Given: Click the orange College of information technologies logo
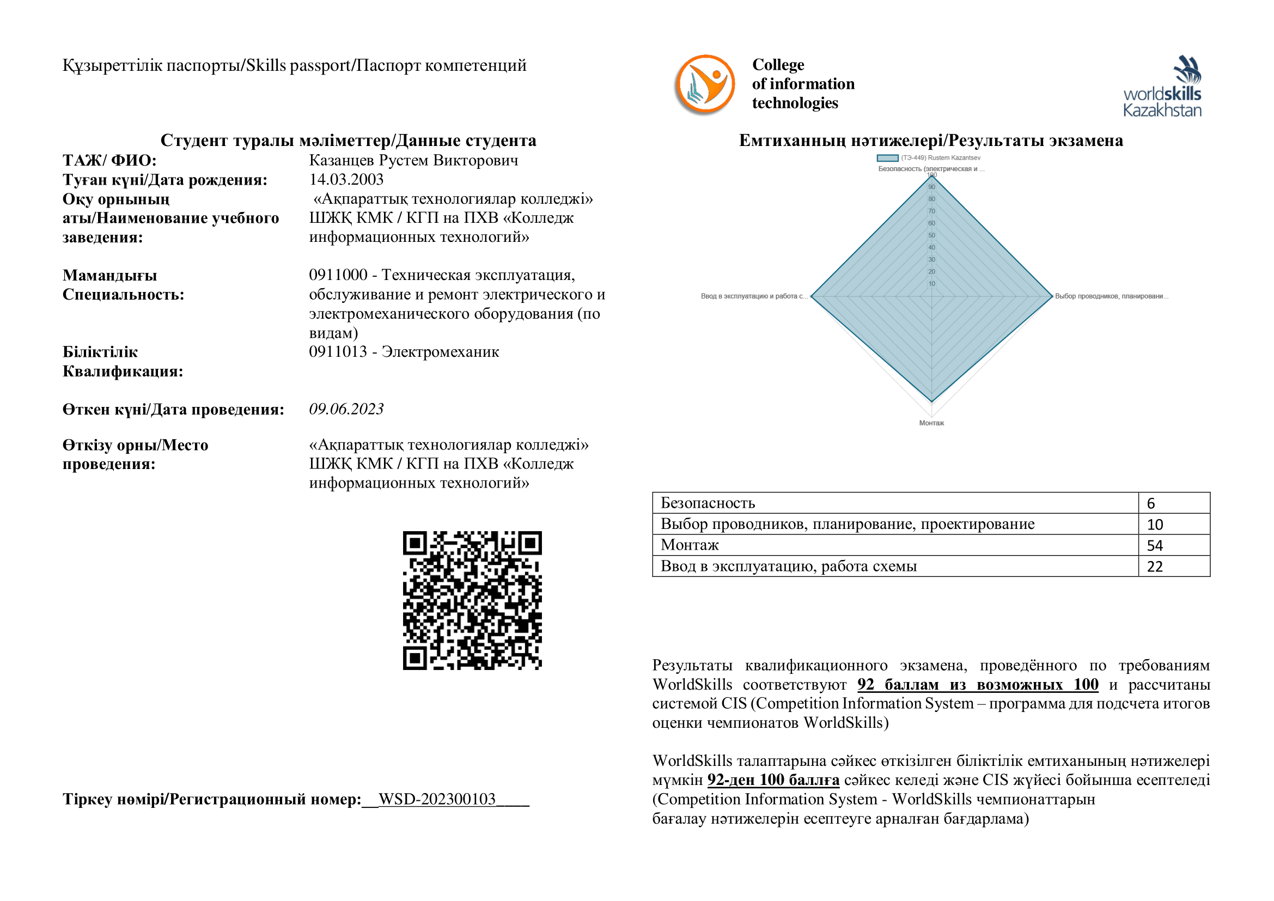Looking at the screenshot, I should (x=705, y=84).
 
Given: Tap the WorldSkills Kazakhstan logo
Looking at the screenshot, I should (x=1162, y=87).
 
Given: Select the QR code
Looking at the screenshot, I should (x=472, y=600).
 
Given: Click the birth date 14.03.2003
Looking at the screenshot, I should (x=346, y=180).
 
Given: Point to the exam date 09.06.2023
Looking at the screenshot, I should (x=346, y=410).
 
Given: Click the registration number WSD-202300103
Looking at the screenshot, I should (x=437, y=799).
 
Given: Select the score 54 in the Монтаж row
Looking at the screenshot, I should (x=1155, y=545).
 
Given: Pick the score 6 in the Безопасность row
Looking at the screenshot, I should (x=1151, y=503).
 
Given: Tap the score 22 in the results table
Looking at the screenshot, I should (x=1155, y=567).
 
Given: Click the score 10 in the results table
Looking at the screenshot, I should (x=1155, y=524).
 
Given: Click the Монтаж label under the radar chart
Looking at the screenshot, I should (x=931, y=423).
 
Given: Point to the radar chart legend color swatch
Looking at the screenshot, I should (x=888, y=158).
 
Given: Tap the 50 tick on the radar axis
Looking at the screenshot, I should (x=931, y=235).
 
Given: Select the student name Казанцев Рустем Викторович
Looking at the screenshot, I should (x=413, y=160).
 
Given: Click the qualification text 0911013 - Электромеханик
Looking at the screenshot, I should (x=404, y=352).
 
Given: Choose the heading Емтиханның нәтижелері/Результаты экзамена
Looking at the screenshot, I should (x=931, y=141).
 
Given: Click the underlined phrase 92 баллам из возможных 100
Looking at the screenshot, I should (x=978, y=685).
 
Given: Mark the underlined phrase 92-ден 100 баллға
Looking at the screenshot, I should (x=773, y=780).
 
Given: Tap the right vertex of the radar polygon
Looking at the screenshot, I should (x=1052, y=296).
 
